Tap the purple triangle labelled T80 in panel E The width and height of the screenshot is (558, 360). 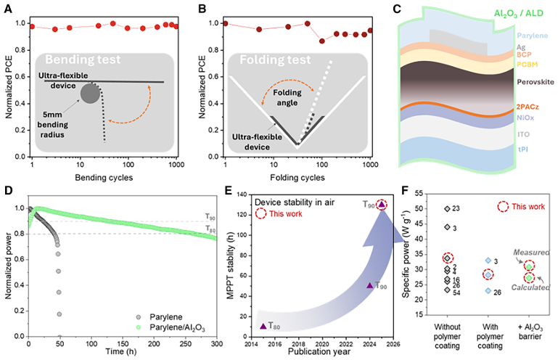pos(263,326)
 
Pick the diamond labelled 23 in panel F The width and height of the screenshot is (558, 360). pos(448,209)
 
